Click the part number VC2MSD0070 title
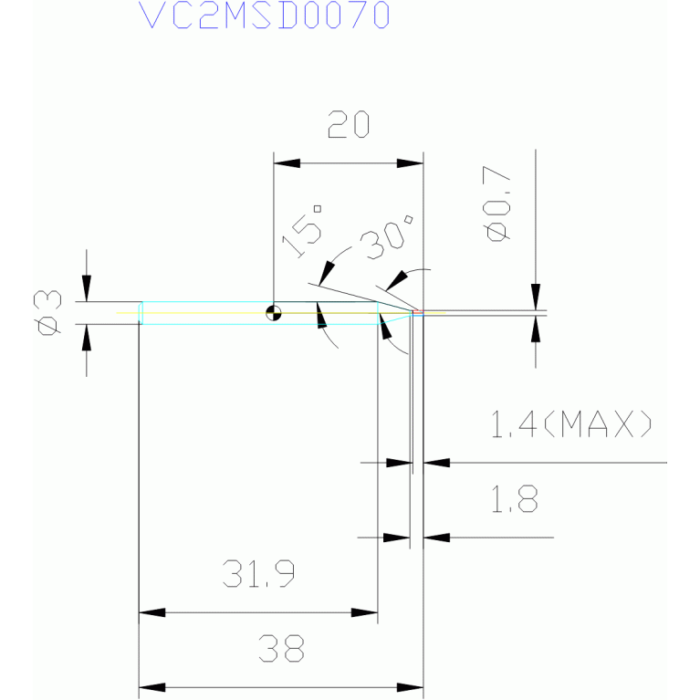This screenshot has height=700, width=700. pyautogui.click(x=265, y=16)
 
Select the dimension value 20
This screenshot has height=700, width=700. pyautogui.click(x=349, y=124)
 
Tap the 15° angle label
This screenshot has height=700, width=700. pyautogui.click(x=303, y=231)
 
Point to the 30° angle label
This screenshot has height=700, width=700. pyautogui.click(x=387, y=236)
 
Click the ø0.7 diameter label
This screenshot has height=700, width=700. pyautogui.click(x=496, y=204)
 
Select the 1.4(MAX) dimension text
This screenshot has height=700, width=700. pyautogui.click(x=571, y=423)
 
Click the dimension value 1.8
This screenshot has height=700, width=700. pyautogui.click(x=515, y=498)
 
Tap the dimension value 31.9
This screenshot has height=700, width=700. pyautogui.click(x=258, y=574)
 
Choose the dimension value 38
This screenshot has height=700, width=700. pyautogui.click(x=282, y=649)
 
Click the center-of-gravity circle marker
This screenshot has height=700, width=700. pyautogui.click(x=274, y=313)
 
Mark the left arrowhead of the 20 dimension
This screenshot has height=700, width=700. pyautogui.click(x=287, y=163)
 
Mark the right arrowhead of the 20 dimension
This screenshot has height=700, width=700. pyautogui.click(x=410, y=163)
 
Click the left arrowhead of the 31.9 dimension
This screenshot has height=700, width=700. pyautogui.click(x=151, y=612)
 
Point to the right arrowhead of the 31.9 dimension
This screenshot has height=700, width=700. pyautogui.click(x=364, y=612)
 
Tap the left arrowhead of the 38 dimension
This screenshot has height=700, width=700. pyautogui.click(x=151, y=687)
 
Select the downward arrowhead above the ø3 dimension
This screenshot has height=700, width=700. pyautogui.click(x=87, y=288)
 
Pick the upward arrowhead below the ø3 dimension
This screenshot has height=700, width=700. pyautogui.click(x=87, y=338)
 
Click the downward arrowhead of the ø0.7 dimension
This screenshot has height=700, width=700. pyautogui.click(x=536, y=297)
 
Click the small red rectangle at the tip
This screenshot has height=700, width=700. pyautogui.click(x=418, y=311)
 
